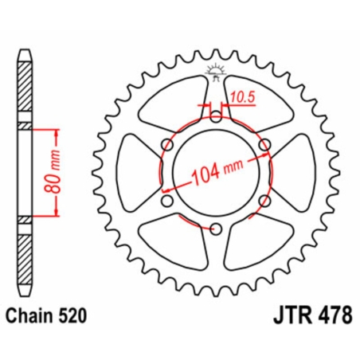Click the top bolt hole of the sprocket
pyautogui.click(x=215, y=115)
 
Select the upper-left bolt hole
pyautogui.click(x=166, y=144)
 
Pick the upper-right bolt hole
pyautogui.click(x=264, y=144)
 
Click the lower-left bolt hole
pyautogui.click(x=166, y=202)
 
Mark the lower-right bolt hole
pyautogui.click(x=264, y=202)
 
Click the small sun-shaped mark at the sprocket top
pyautogui.click(x=215, y=70)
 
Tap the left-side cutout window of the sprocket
pyautogui.click(x=134, y=173)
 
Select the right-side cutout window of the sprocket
pyautogui.click(x=296, y=173)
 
